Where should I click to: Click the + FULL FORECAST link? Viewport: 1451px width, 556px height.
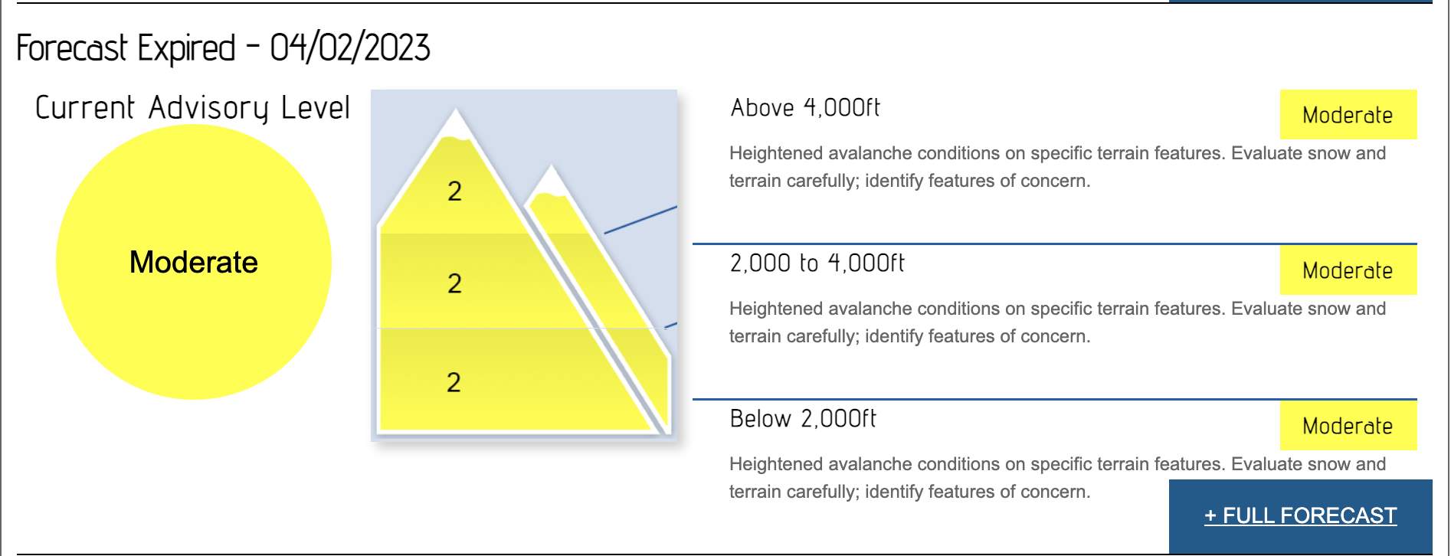pyautogui.click(x=1300, y=515)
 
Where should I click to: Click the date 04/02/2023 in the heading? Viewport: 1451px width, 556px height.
pyautogui.click(x=350, y=47)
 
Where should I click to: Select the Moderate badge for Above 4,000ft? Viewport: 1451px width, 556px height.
pyautogui.click(x=1348, y=115)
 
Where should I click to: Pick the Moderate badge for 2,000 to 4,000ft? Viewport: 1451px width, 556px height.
pyautogui.click(x=1348, y=270)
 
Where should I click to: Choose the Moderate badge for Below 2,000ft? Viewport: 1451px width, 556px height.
pyautogui.click(x=1348, y=426)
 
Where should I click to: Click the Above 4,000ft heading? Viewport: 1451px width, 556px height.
pyautogui.click(x=805, y=107)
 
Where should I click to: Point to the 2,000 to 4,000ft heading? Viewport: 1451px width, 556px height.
pyautogui.click(x=817, y=263)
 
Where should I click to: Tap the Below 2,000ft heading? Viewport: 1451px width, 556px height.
pyautogui.click(x=803, y=418)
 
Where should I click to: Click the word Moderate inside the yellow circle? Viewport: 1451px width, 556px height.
pyautogui.click(x=194, y=262)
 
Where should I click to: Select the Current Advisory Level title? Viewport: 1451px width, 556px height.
pyautogui.click(x=193, y=108)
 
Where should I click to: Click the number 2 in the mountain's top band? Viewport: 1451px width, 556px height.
pyautogui.click(x=454, y=191)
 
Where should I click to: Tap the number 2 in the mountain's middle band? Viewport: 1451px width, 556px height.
pyautogui.click(x=454, y=283)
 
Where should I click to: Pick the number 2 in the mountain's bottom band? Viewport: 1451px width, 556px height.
pyautogui.click(x=454, y=382)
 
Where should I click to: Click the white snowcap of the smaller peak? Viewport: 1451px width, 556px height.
pyautogui.click(x=550, y=184)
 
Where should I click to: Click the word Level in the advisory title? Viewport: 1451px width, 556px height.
pyautogui.click(x=316, y=107)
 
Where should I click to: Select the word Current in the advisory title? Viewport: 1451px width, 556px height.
pyautogui.click(x=85, y=107)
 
